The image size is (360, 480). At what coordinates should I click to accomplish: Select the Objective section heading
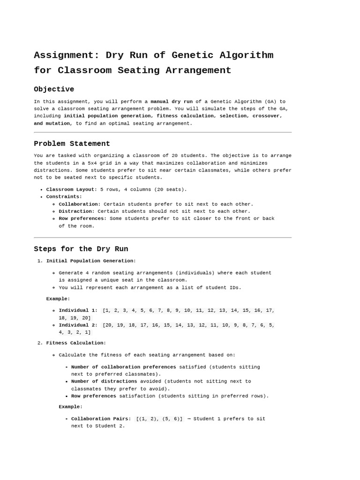pos(54,89)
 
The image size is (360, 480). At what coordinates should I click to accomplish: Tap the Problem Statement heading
pos(72,143)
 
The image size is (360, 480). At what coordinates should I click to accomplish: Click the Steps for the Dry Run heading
pos(81,249)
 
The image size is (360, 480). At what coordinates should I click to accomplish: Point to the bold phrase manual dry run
pos(171,101)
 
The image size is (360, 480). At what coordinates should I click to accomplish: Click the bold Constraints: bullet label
pos(64,197)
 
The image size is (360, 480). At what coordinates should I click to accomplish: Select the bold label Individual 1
pos(77,310)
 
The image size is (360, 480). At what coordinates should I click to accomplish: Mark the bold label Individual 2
pos(77,325)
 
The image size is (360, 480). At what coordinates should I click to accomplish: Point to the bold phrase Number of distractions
pos(104,382)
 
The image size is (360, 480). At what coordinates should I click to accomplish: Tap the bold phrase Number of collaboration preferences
pos(124,367)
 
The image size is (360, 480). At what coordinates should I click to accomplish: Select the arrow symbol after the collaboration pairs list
pos(189,419)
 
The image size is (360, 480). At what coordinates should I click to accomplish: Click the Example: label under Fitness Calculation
pos(70,407)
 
